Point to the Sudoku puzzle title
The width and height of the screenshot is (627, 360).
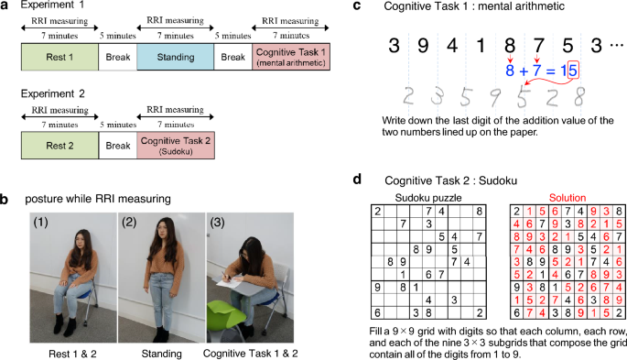pos(427,197)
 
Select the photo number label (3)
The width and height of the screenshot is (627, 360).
pos(220,222)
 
